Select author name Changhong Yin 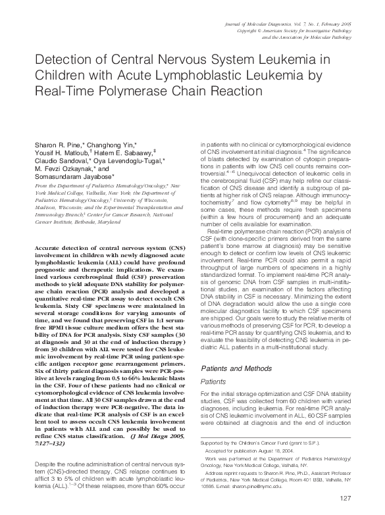pos(114,144)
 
